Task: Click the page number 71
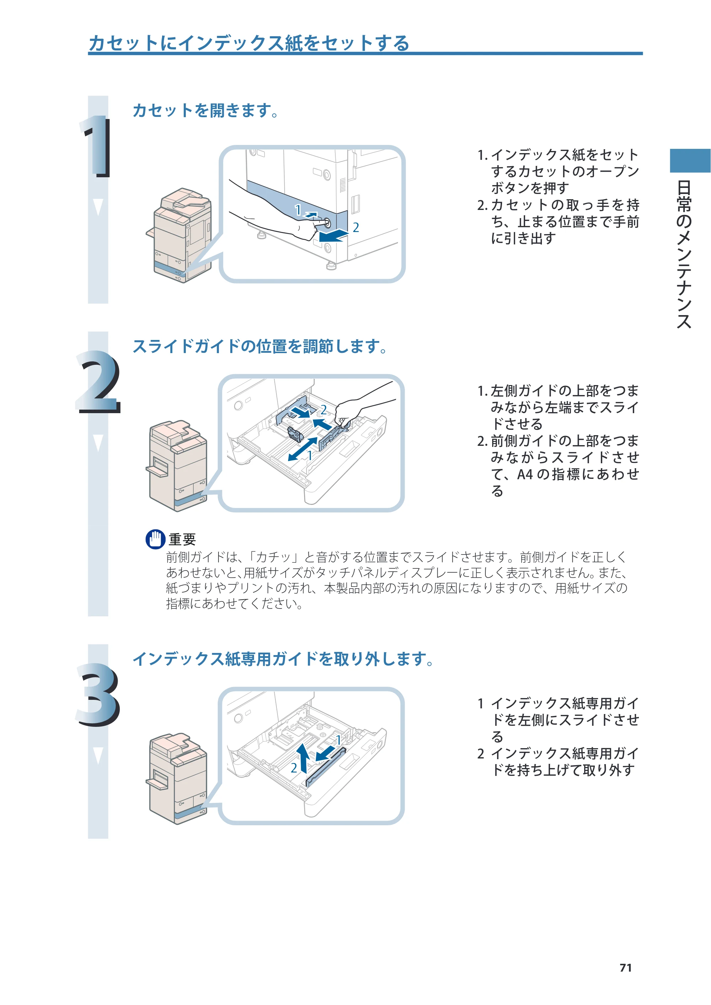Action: pos(626,968)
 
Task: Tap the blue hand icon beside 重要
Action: pos(155,539)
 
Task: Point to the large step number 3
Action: pos(98,695)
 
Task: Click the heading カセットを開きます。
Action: pos(206,110)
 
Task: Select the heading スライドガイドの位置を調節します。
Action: pos(260,346)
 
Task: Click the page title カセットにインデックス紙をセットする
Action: pos(249,43)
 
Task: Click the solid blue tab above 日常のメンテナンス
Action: pos(690,161)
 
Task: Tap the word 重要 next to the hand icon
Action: pos(182,539)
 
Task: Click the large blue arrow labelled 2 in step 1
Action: pos(334,236)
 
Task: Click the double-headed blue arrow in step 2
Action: pos(302,449)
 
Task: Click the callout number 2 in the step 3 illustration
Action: pos(294,768)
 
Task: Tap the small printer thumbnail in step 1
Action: pos(179,235)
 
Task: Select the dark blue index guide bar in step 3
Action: pos(325,767)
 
